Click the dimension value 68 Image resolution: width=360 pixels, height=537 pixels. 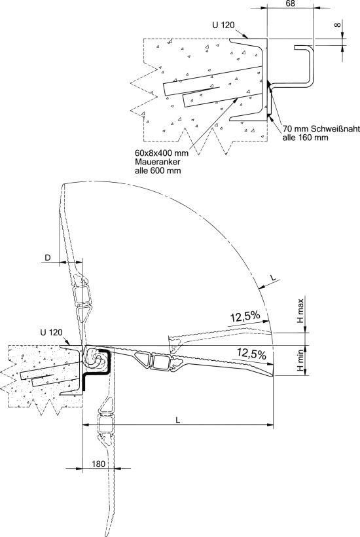tap(289, 3)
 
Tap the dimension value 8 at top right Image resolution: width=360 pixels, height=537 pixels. tap(338, 25)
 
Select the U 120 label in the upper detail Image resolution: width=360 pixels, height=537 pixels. tap(223, 25)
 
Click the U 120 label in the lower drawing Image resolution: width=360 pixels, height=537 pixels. tap(51, 332)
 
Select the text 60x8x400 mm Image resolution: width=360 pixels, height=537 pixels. tap(162, 153)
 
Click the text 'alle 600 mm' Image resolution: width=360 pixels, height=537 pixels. tap(158, 170)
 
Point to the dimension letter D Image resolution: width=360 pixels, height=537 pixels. tap(48, 257)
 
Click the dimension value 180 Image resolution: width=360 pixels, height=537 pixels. tap(99, 464)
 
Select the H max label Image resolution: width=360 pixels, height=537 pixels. tap(300, 311)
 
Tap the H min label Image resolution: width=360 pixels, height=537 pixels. tap(300, 360)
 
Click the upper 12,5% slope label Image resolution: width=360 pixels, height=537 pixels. tap(245, 317)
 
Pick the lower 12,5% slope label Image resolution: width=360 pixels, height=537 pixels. tap(251, 353)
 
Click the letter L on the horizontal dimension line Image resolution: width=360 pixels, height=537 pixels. tap(177, 420)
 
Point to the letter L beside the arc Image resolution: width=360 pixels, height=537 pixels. tap(274, 279)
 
